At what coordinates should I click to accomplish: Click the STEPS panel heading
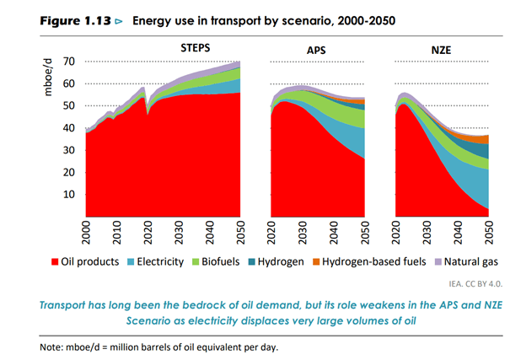196,49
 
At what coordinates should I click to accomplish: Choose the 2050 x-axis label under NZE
489,232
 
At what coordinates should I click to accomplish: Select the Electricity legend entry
160,262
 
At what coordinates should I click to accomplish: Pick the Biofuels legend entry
223,262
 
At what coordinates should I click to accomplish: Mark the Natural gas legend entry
470,262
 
